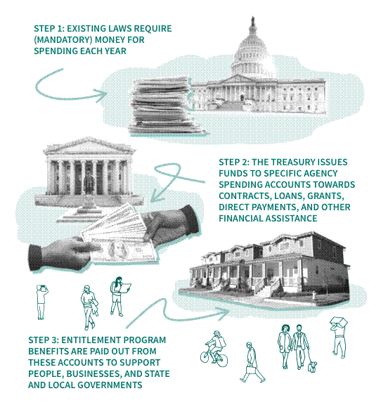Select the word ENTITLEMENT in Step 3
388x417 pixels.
[x=91, y=340]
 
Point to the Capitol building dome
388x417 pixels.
[x=252, y=53]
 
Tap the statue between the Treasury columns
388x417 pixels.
[x=89, y=181]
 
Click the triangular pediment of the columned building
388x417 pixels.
[x=89, y=147]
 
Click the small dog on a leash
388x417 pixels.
[x=312, y=366]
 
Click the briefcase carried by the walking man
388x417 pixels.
[x=250, y=370]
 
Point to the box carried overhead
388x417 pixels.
[x=339, y=322]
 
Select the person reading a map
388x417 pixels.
[x=119, y=296]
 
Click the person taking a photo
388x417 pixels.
[x=41, y=302]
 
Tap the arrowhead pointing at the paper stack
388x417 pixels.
[x=103, y=95]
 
